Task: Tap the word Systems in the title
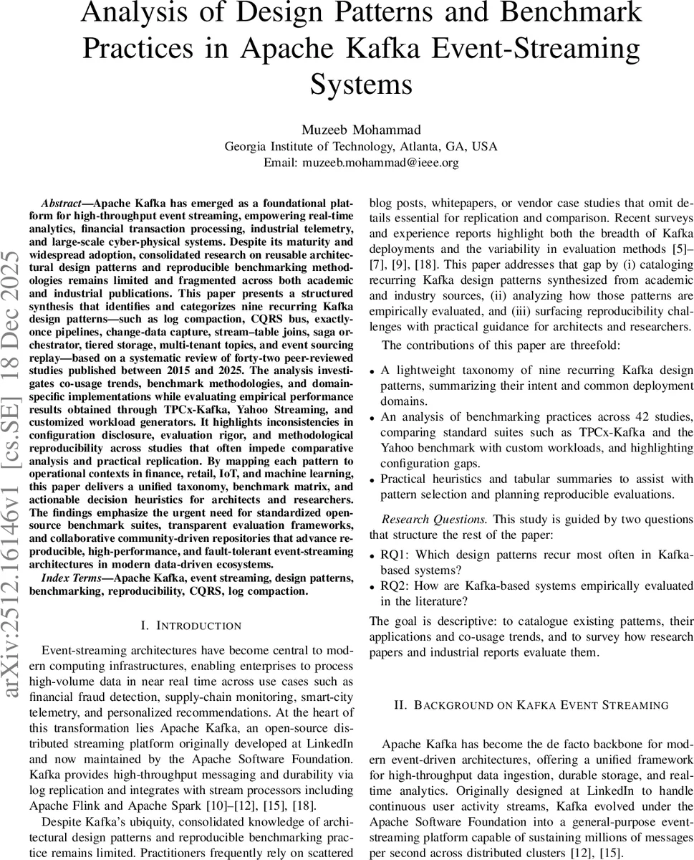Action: coord(361,84)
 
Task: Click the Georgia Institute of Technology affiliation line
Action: coord(361,146)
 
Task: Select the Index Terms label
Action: coord(72,578)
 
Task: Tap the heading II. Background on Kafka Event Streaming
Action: coord(531,705)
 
